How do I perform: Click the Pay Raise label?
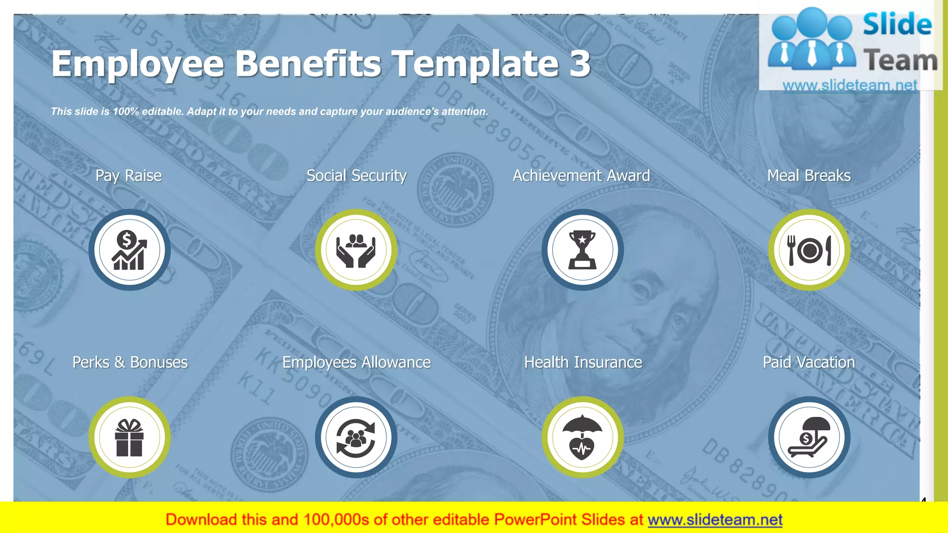tap(128, 176)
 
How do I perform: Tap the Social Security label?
tap(356, 176)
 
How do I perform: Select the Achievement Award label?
tap(581, 176)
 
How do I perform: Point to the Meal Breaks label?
tap(809, 176)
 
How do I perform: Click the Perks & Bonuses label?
tap(130, 362)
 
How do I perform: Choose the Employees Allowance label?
tap(356, 362)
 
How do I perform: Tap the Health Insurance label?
tap(583, 362)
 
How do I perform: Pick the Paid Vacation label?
tap(809, 362)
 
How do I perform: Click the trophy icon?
tap(582, 250)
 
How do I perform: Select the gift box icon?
tap(130, 438)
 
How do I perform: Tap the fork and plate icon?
tap(809, 250)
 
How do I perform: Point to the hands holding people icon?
tap(356, 250)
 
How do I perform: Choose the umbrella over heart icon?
tap(582, 438)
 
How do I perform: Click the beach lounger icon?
tap(809, 438)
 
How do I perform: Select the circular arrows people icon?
tap(356, 438)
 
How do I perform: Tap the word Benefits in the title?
tap(309, 63)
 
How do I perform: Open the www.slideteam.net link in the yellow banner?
tap(715, 520)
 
